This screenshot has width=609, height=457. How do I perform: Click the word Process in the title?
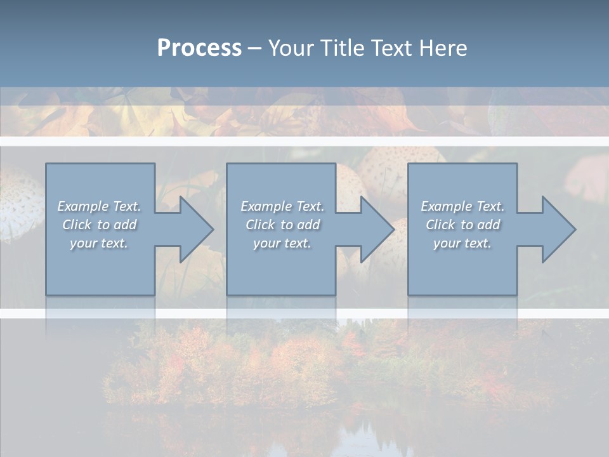click(x=199, y=48)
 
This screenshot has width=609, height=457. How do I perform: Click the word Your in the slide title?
click(x=292, y=48)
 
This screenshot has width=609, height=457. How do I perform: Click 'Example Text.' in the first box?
click(x=99, y=206)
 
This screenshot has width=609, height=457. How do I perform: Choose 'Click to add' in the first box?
click(x=99, y=225)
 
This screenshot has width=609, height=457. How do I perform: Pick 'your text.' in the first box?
click(x=99, y=243)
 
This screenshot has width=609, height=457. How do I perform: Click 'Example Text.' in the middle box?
click(x=282, y=206)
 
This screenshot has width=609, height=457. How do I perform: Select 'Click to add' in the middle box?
click(x=282, y=225)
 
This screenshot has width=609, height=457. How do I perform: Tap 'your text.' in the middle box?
click(x=282, y=243)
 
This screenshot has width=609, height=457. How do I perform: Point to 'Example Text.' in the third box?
click(x=462, y=206)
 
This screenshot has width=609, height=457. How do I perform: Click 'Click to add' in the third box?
click(x=462, y=225)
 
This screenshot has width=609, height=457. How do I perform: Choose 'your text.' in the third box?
click(x=462, y=243)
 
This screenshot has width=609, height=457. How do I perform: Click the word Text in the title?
click(x=392, y=48)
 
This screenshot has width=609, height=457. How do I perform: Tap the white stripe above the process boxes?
click(x=304, y=141)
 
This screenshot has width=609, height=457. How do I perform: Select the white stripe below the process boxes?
click(x=304, y=313)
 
